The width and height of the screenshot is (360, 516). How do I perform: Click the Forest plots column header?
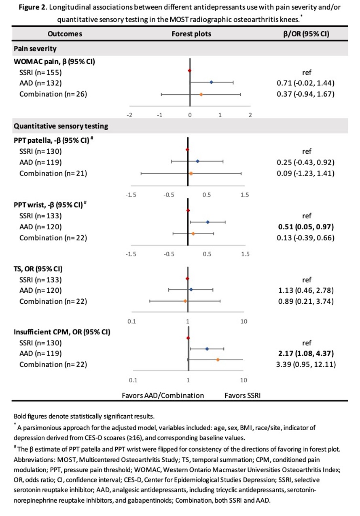point(191,34)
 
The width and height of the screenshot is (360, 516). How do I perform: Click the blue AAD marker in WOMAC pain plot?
point(211,82)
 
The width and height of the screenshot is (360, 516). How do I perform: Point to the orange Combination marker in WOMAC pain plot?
point(201,94)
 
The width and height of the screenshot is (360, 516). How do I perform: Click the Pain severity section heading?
point(35,49)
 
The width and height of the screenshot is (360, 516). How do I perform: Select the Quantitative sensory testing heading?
point(61,126)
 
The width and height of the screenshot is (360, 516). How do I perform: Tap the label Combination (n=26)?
point(53,94)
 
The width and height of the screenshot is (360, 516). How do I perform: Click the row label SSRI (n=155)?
point(40,72)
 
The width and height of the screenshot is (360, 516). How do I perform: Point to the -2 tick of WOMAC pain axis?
point(129,115)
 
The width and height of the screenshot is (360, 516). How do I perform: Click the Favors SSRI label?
point(243,395)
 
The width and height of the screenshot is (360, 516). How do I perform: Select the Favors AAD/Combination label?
point(163,395)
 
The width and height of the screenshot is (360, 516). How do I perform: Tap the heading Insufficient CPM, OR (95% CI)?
point(62,332)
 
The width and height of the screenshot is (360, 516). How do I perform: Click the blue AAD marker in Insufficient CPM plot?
point(207,349)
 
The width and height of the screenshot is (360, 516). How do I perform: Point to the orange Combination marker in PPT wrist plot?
point(193,233)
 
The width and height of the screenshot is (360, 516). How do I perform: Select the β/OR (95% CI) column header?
point(306,34)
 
